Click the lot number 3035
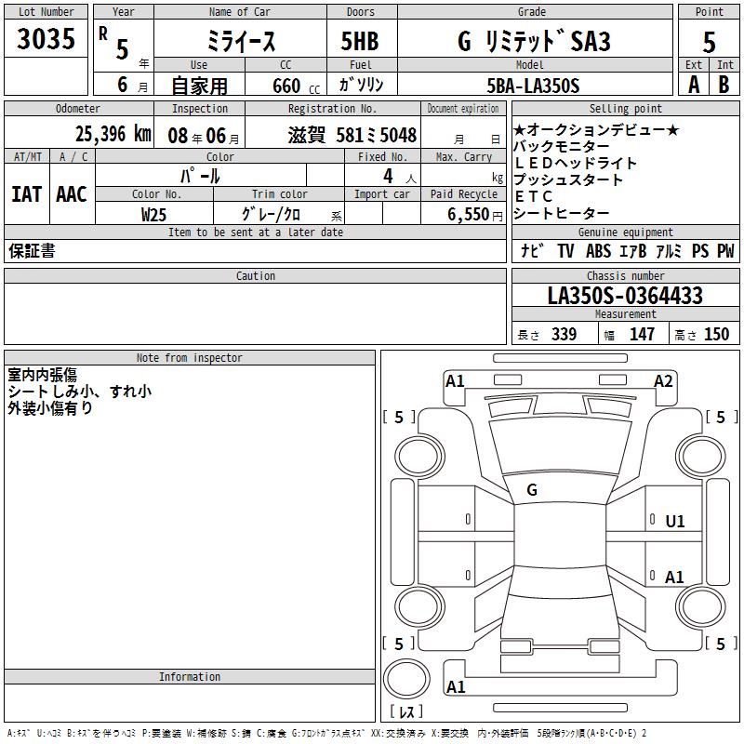(46, 38)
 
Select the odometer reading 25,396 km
(113, 134)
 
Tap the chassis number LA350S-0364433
(625, 296)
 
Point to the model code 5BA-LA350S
(533, 86)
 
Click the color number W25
(153, 215)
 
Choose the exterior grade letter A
(694, 85)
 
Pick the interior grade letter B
(724, 85)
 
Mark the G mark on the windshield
(532, 490)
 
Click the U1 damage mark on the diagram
(675, 522)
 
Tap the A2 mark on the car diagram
(663, 381)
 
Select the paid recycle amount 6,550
(469, 215)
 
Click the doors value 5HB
(360, 41)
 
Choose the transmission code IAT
(27, 194)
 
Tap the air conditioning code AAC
(72, 194)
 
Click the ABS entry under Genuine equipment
(598, 251)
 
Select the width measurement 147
(642, 334)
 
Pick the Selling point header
(625, 109)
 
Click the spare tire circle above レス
(406, 679)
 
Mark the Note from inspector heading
(190, 358)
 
